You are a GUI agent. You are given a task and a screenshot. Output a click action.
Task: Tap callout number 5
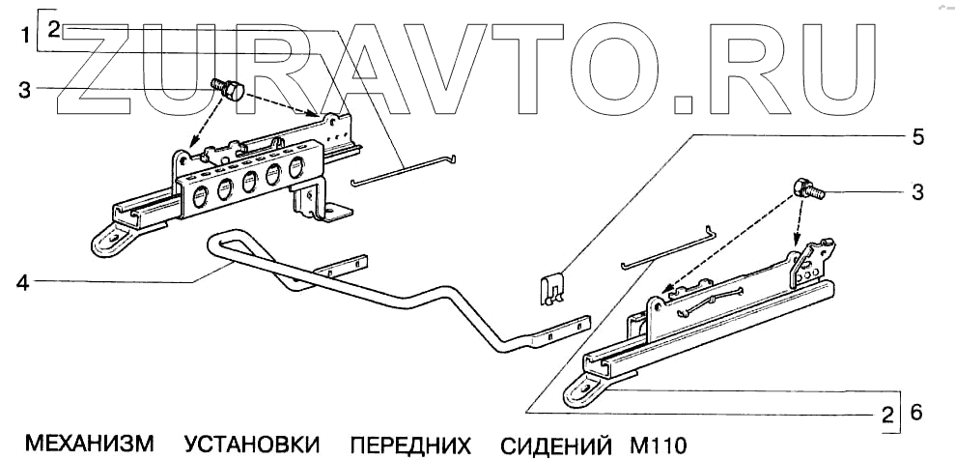pos(918,136)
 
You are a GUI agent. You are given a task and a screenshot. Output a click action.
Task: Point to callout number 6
pos(916,413)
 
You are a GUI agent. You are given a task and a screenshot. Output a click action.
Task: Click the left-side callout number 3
pos(25,90)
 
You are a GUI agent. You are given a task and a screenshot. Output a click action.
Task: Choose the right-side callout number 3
pos(917,191)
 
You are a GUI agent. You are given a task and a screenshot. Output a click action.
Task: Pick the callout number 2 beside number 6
pos(885,417)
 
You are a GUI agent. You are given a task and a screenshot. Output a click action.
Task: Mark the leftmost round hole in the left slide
pos(199,198)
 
